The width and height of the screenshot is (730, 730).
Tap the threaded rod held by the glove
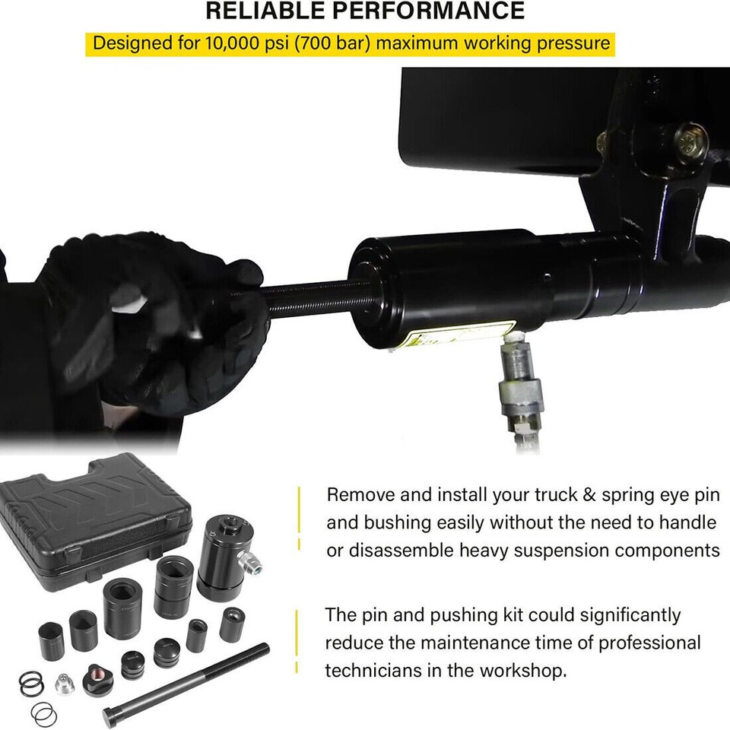point(312,297)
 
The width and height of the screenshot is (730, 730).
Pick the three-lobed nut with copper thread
point(96,673)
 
